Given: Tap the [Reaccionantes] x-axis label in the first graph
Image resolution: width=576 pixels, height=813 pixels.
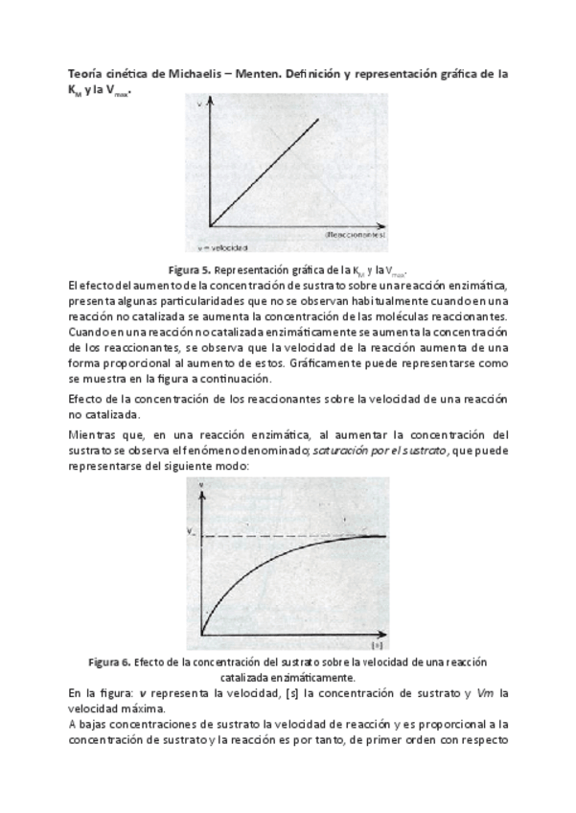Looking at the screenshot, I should pos(356,233).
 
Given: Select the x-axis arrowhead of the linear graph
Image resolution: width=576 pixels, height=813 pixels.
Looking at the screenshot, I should pos(387,224).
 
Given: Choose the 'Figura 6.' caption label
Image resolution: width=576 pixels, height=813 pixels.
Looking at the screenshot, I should pos(109,662).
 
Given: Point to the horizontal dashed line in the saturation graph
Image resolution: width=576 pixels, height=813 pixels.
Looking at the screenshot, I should pos(288,535).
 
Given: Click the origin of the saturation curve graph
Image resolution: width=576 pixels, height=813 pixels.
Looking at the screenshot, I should pos(202,635).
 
